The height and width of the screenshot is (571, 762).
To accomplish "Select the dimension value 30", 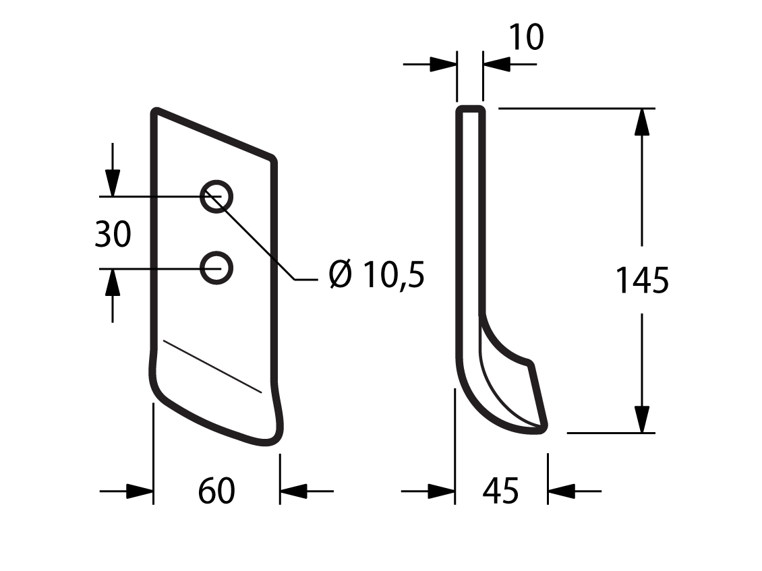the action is pyautogui.click(x=113, y=234).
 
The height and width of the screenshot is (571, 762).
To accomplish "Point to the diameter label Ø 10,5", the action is pyautogui.click(x=377, y=274).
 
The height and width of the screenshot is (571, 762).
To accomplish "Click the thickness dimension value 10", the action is pyautogui.click(x=526, y=37).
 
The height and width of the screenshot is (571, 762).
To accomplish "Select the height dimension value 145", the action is pyautogui.click(x=642, y=280).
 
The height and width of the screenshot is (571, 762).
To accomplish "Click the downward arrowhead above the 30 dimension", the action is pyautogui.click(x=113, y=183).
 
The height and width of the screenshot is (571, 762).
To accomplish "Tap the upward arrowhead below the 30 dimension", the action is pyautogui.click(x=113, y=282).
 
